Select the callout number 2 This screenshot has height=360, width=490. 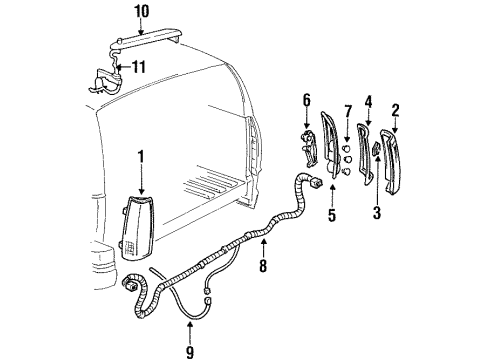(395, 111)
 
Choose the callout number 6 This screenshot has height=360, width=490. (307, 100)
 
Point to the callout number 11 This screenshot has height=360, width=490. (140, 67)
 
